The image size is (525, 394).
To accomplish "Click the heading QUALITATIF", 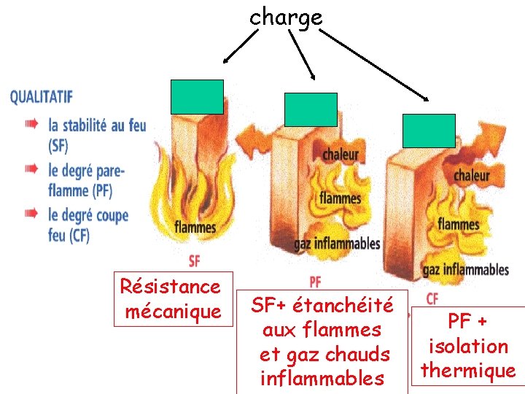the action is [42, 97].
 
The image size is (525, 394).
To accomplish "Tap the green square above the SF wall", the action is [197, 97].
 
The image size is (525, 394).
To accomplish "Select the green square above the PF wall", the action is [311, 110].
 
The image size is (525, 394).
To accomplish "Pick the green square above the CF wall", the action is [429, 131].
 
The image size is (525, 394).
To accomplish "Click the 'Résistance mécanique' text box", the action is [172, 298].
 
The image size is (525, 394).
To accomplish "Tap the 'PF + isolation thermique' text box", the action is [467, 346].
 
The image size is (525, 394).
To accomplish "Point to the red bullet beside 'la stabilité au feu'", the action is [31, 124].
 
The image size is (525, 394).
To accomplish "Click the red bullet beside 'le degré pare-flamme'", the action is [31, 169].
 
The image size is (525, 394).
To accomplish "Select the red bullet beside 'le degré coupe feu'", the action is [31, 214].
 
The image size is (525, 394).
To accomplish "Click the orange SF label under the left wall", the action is [194, 260].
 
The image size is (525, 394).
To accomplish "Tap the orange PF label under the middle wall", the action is [315, 281].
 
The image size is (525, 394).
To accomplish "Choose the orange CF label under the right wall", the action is [432, 298].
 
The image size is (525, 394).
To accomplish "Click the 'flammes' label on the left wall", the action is [195, 227].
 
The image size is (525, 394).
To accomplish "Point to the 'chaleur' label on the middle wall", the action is [341, 154].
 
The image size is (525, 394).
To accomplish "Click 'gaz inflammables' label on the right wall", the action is [465, 270].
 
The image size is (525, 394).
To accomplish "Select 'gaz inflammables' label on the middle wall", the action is [337, 243].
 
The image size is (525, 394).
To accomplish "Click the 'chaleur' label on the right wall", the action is [472, 175].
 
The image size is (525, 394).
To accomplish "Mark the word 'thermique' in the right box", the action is [467, 371].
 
